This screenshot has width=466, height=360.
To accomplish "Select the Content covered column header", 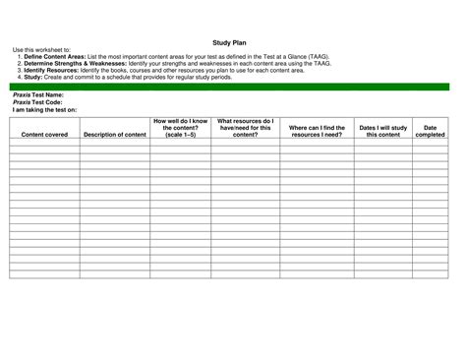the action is point(44,134).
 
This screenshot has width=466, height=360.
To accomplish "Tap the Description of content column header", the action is point(115,134).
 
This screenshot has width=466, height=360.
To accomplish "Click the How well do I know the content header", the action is point(180,127).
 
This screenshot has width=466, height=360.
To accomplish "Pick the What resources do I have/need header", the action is point(246,127).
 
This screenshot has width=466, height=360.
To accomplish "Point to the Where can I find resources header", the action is point(317,131).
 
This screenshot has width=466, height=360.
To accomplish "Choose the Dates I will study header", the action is point(382,131).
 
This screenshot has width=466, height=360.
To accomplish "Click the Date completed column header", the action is point(430,131).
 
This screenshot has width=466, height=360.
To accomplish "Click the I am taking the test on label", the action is point(44,110).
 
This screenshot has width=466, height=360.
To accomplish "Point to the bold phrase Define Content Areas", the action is point(56,57).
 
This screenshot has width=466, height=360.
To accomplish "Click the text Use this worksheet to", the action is point(41,50).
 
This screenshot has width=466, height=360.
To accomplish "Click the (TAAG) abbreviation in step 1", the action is point(343,57).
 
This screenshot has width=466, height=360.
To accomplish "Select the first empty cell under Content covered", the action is point(44,143).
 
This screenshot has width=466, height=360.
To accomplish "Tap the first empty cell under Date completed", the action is point(430,143).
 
